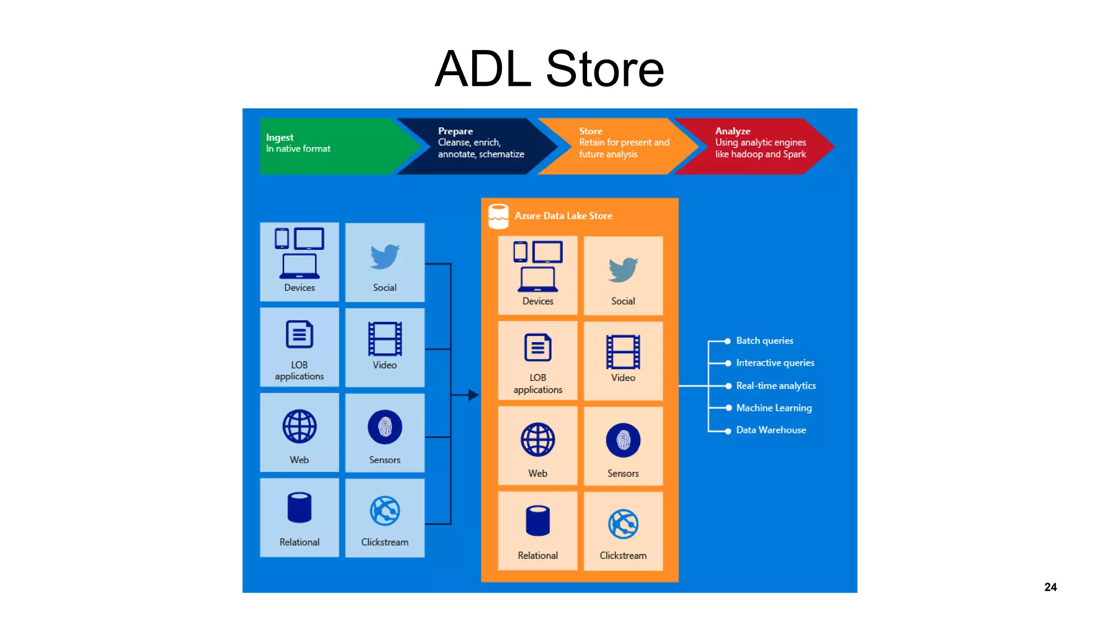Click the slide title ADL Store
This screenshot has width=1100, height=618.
pos(549,69)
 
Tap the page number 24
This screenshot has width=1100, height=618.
pos(1050,587)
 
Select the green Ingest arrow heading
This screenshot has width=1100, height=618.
pos(280,137)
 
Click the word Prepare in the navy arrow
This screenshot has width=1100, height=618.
pos(455,131)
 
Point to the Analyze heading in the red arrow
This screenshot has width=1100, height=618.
pos(732,131)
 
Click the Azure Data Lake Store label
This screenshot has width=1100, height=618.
pos(563,216)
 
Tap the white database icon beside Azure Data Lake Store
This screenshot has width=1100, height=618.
pos(498,216)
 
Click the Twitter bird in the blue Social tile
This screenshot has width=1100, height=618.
pos(385,256)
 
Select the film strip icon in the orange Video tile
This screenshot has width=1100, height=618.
pos(623,352)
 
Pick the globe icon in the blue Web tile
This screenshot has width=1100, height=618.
pos(299,426)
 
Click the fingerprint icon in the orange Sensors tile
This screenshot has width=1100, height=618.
pos(623,440)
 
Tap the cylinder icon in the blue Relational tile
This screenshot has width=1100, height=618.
pos(299,507)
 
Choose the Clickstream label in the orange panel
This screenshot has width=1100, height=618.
pos(623,556)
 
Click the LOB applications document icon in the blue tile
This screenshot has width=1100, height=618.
pos(299,335)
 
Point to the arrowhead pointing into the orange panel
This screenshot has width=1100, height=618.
pos(473,395)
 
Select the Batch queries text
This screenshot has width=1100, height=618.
pos(764,341)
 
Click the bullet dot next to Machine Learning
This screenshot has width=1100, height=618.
pos(728,408)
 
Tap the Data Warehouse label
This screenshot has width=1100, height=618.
pos(771,430)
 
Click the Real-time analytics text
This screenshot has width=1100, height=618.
pos(776,386)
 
